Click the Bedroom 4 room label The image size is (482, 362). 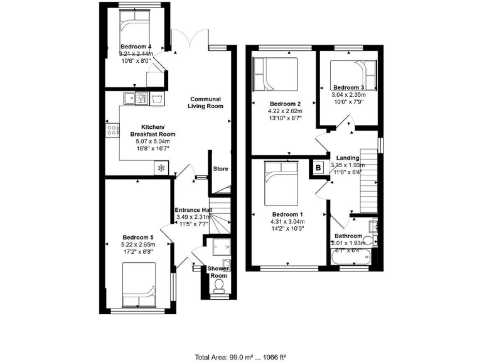[x=136, y=47]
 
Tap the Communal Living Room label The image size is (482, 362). [x=206, y=103]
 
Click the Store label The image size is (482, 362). [x=220, y=169]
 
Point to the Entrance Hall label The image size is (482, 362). [x=193, y=210]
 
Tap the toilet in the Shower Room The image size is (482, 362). [x=219, y=287]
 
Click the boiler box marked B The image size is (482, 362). [x=318, y=168]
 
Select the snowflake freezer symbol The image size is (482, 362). [x=160, y=168]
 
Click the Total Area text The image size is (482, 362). [x=241, y=357]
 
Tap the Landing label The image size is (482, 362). [x=347, y=158]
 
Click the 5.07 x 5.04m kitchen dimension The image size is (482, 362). [x=153, y=141]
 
